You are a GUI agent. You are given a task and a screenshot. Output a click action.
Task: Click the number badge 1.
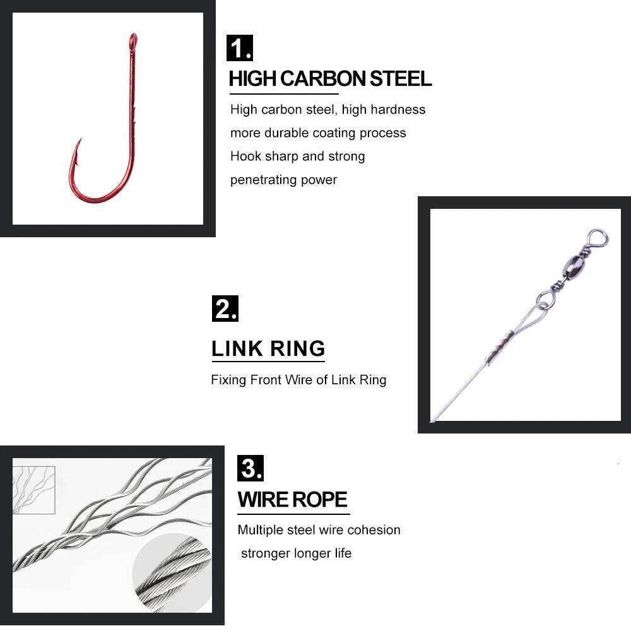[x=239, y=49]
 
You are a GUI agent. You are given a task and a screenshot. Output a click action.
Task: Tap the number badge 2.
[x=225, y=309]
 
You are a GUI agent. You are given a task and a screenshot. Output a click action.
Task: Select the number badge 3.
[x=250, y=468]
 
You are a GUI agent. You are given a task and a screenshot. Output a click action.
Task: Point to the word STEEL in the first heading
[x=401, y=79]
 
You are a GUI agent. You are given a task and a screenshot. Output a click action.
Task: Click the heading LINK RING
[x=268, y=348]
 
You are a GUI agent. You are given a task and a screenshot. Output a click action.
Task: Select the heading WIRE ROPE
[x=293, y=500]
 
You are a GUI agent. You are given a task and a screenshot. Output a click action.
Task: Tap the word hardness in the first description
[x=398, y=110]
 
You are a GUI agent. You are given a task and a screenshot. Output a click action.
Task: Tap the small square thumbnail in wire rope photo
[x=34, y=490]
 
